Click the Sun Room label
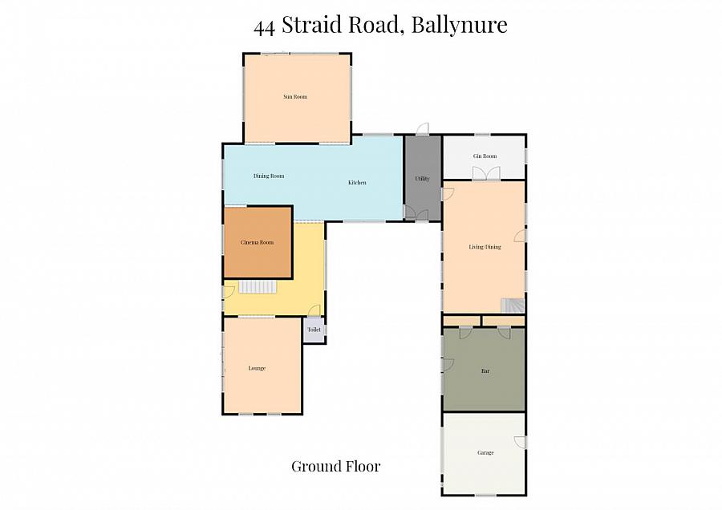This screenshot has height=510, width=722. (x=295, y=97)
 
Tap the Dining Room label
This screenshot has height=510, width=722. (x=269, y=176)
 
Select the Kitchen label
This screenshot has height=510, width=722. (x=357, y=183)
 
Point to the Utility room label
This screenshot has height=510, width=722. (x=422, y=179)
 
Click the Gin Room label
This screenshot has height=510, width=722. (x=485, y=156)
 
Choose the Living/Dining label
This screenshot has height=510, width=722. (x=485, y=247)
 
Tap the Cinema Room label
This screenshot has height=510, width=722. (x=258, y=242)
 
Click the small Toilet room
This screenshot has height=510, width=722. (x=314, y=330)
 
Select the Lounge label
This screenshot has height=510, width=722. (x=257, y=368)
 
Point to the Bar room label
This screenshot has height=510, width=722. (x=485, y=371)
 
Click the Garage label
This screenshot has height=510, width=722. (x=485, y=452)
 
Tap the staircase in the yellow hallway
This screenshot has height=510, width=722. (x=258, y=287)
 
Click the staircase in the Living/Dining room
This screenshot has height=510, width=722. (x=512, y=306)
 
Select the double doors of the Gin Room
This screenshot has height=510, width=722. (x=485, y=173)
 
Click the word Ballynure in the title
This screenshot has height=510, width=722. (x=459, y=26)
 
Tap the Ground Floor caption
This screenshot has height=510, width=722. (x=335, y=466)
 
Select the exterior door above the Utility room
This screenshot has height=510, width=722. (x=422, y=130)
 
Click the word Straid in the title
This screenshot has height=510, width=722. (x=312, y=26)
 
